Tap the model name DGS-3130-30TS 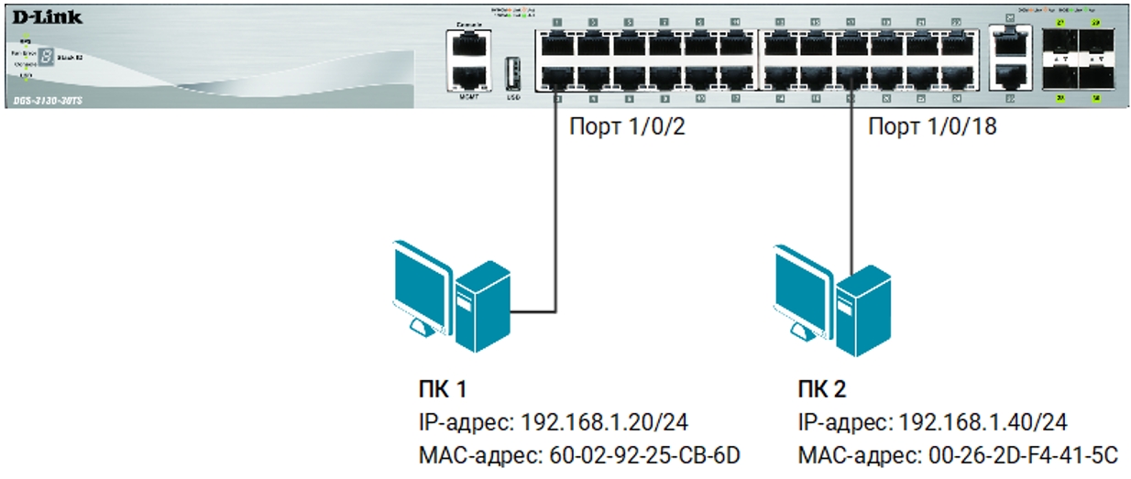tap(48, 100)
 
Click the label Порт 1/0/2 tap(626, 128)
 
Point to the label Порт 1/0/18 tap(931, 128)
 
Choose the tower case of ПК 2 tap(862, 302)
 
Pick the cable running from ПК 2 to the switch tap(852, 183)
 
